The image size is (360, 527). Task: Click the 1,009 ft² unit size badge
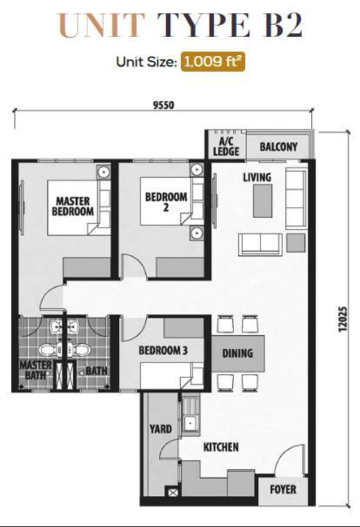[x=212, y=62]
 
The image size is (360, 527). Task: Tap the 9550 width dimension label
[x=164, y=105]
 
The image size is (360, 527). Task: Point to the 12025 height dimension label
[x=342, y=319]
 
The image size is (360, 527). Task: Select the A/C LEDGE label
[x=226, y=146]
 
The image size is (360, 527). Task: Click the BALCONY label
[x=278, y=146]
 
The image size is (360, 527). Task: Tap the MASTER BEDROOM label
[x=73, y=206]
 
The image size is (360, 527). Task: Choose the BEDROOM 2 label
[x=166, y=202]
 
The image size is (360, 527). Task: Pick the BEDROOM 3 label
[x=163, y=351]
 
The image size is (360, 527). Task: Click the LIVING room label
[x=257, y=177]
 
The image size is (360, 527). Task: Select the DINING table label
[x=238, y=353]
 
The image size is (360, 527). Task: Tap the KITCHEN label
[x=221, y=447]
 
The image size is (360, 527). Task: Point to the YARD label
[x=161, y=429]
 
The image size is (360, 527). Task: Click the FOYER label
[x=283, y=489]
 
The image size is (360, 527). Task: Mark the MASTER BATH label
[x=35, y=370]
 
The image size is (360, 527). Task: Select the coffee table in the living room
[x=263, y=200]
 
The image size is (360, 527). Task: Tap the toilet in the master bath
[x=49, y=350]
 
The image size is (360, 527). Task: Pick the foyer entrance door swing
[x=289, y=459]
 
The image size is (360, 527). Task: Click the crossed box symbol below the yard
[x=173, y=493]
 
